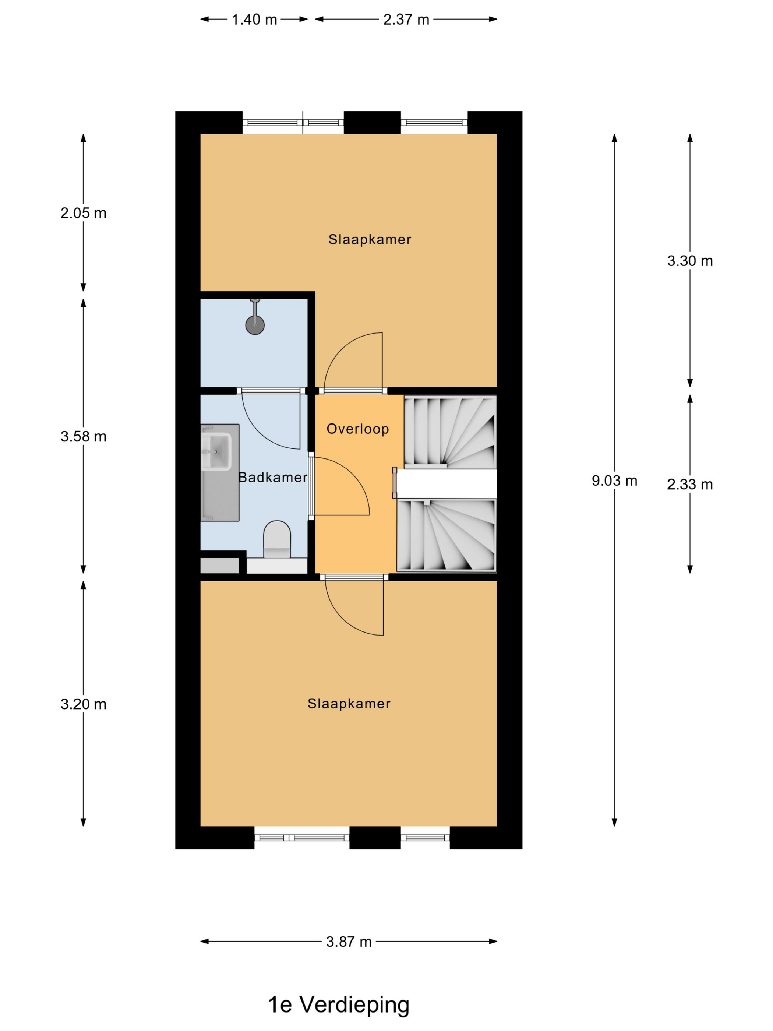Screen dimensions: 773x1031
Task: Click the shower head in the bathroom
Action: (x=255, y=325)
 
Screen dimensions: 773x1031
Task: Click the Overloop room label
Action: (x=357, y=429)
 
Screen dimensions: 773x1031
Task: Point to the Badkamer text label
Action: (x=273, y=477)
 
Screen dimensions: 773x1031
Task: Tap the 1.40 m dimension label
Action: (x=254, y=20)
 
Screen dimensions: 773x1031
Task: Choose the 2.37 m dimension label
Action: (x=406, y=20)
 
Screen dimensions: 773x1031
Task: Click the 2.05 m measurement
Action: (x=84, y=213)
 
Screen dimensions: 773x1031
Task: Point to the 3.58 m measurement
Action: (x=84, y=436)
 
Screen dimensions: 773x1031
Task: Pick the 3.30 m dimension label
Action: (x=689, y=261)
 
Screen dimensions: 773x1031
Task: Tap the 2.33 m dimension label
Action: (x=689, y=484)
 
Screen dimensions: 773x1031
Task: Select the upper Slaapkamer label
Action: (x=370, y=240)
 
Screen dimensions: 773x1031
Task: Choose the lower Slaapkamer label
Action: (x=349, y=703)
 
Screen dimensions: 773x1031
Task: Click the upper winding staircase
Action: (x=450, y=432)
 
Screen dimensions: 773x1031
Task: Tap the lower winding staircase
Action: (x=446, y=535)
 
